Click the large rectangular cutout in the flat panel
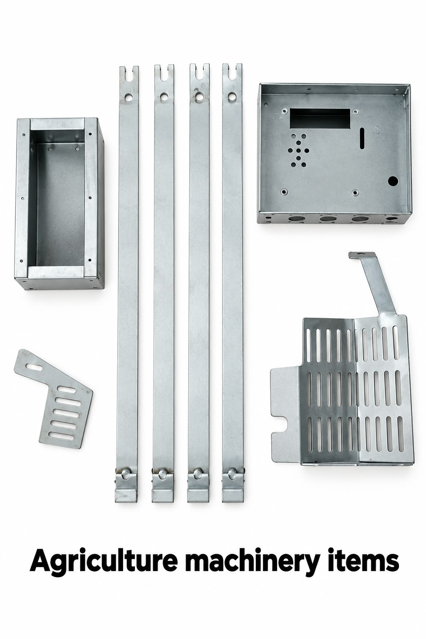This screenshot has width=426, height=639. (320, 119)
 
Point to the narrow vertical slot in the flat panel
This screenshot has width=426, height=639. (362, 138)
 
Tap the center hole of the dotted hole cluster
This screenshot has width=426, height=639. (298, 150)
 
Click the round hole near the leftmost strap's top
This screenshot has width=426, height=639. (129, 97)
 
